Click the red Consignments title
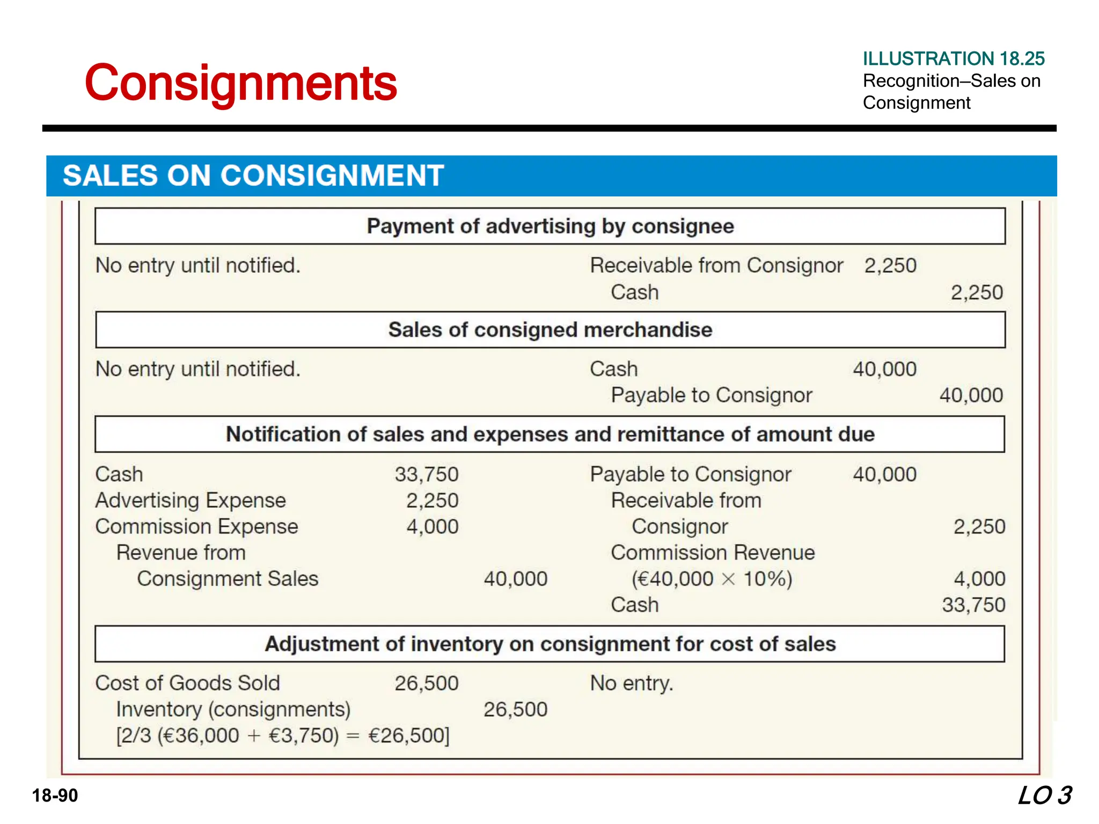pos(240,83)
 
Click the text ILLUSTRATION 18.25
pos(953,58)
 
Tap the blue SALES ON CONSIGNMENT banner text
pos(253,175)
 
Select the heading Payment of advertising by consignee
pos(550,226)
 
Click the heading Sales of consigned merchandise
pos(550,330)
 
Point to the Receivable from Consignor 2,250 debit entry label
pos(716,266)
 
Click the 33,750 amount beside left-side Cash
pos(427,474)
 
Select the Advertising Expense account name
pos(191,501)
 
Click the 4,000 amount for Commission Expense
pos(432,527)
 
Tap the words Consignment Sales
pos(228,579)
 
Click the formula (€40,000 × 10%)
pos(712,579)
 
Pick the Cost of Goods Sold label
pos(187,683)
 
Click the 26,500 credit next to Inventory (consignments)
pos(515,709)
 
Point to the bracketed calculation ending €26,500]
pos(283,735)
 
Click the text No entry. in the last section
pos(632,683)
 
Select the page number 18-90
pos(55,795)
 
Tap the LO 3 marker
pos(1044,795)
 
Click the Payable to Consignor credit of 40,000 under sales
pos(971,395)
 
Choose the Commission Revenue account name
pos(713,553)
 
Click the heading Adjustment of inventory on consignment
pos(550,644)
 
